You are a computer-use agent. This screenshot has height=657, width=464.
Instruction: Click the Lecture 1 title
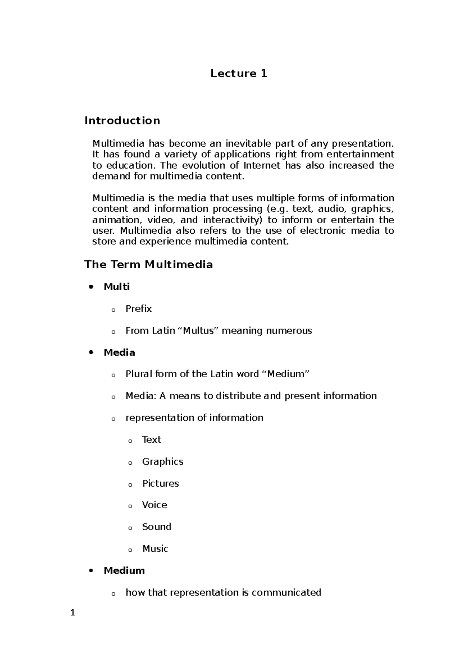(x=239, y=74)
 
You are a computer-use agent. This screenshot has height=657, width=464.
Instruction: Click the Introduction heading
(x=122, y=121)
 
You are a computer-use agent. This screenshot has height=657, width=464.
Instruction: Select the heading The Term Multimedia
(x=148, y=265)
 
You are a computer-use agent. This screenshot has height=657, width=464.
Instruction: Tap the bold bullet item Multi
(x=116, y=287)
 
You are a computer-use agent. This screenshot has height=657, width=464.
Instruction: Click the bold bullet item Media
(x=119, y=352)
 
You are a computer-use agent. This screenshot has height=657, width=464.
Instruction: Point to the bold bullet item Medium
(x=124, y=571)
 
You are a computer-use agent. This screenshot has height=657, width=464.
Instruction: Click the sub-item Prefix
(x=138, y=309)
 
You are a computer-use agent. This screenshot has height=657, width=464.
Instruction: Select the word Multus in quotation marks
(x=198, y=331)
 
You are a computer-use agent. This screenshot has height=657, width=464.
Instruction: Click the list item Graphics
(x=162, y=462)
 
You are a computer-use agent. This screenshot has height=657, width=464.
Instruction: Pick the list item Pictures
(x=160, y=484)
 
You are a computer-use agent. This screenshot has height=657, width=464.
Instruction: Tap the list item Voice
(x=154, y=505)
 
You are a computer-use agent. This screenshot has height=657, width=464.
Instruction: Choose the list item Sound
(x=156, y=527)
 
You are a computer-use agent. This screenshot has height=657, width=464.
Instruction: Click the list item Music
(x=155, y=549)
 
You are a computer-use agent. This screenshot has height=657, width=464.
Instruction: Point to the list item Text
(x=151, y=440)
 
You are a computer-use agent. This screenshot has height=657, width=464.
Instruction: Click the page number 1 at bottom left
(x=72, y=613)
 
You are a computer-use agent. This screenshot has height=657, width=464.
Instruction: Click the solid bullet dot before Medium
(x=91, y=571)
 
